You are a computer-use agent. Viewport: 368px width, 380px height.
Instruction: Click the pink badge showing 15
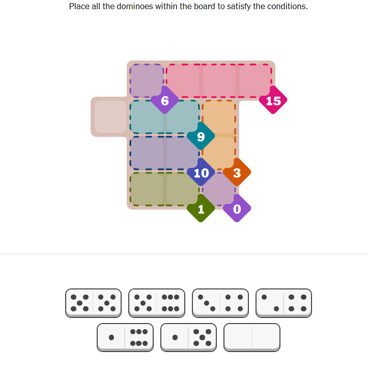point(273,100)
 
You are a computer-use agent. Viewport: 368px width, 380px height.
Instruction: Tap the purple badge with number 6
point(164,100)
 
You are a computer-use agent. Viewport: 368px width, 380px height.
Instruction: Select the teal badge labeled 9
point(201,136)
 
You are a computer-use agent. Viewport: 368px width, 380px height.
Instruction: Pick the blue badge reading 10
point(201,172)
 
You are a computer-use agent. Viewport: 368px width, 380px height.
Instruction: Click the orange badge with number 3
point(237,172)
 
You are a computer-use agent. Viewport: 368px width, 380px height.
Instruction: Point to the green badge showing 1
point(201,208)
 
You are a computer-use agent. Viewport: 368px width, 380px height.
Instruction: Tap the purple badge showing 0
point(237,208)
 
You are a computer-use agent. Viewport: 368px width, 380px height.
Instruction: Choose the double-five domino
point(93,303)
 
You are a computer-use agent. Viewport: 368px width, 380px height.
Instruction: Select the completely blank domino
point(252,337)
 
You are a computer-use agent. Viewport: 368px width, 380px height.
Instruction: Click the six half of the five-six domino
point(171,303)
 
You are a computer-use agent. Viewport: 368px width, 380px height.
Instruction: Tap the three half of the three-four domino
point(206,303)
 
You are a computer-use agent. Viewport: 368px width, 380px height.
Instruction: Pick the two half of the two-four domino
point(270,303)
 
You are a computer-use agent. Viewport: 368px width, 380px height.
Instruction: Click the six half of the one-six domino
point(139,337)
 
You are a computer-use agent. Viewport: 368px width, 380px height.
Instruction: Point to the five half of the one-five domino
point(203,337)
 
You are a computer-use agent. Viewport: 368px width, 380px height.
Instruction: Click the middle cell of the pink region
point(219,81)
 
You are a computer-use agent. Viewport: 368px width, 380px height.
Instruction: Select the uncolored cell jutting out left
point(110,117)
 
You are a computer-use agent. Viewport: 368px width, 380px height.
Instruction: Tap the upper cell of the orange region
point(219,117)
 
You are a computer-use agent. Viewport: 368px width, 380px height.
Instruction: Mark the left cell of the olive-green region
point(147,189)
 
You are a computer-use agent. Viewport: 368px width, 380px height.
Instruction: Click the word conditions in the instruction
point(287,6)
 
